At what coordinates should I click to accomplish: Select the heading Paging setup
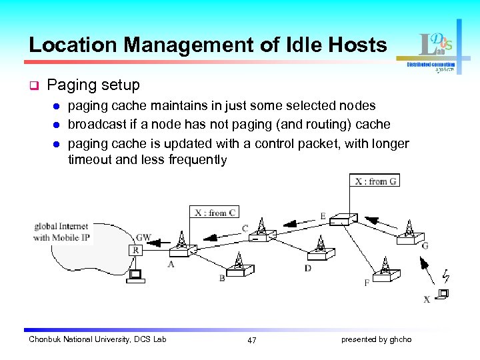[94, 85]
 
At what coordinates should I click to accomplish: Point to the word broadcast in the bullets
[95, 124]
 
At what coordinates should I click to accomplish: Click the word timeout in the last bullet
[90, 160]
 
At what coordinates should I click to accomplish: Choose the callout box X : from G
[375, 181]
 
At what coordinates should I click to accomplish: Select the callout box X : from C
[215, 213]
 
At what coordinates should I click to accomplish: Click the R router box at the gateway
[136, 251]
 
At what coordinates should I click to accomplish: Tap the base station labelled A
[181, 246]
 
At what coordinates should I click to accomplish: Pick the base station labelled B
[239, 266]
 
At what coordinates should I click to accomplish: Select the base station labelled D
[321, 250]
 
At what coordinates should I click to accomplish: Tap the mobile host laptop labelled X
[442, 293]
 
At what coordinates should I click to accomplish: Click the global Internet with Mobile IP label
[61, 232]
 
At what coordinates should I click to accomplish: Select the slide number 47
[251, 340]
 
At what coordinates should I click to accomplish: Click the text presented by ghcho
[376, 339]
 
